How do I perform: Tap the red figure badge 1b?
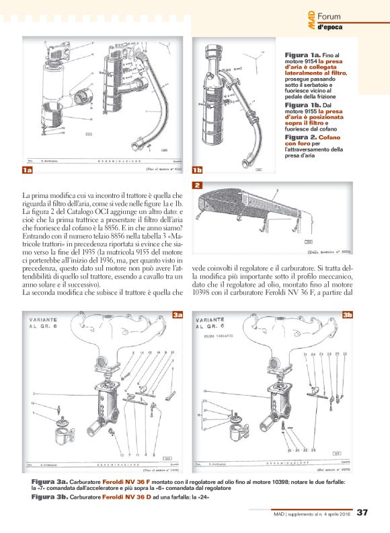(198, 171)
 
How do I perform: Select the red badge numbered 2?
(198, 185)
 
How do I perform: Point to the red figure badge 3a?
(178, 315)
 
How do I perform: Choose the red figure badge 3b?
(348, 315)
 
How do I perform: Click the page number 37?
(361, 513)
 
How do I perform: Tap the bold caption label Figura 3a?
(50, 483)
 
